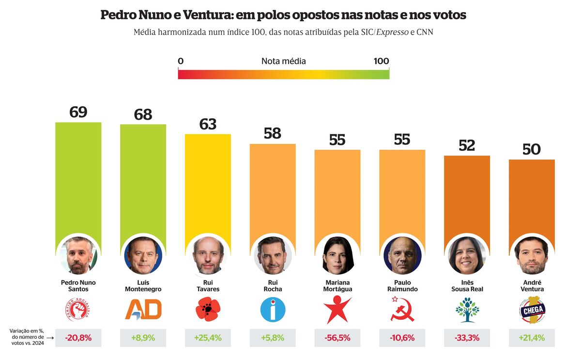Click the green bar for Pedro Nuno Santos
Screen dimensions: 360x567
point(78,179)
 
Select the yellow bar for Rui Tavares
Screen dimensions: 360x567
point(208,184)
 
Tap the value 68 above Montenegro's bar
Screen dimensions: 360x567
point(143,114)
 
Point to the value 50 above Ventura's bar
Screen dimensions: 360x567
point(531,149)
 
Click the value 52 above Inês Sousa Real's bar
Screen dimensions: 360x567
point(467,145)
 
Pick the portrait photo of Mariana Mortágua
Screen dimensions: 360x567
point(337,255)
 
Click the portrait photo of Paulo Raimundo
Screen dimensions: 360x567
point(402,255)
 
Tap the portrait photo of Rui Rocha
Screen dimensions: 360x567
point(273,255)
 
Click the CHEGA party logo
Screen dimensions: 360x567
point(531,310)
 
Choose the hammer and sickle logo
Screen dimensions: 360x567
point(402,310)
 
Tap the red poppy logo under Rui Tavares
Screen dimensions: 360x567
point(208,310)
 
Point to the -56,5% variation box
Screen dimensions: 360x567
point(337,338)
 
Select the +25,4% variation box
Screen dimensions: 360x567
point(208,338)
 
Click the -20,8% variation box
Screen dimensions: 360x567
point(78,338)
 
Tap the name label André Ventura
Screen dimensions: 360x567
point(531,286)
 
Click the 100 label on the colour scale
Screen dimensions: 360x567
point(381,61)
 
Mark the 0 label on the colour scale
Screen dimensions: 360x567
point(181,61)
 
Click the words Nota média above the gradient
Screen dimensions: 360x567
point(283,61)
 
